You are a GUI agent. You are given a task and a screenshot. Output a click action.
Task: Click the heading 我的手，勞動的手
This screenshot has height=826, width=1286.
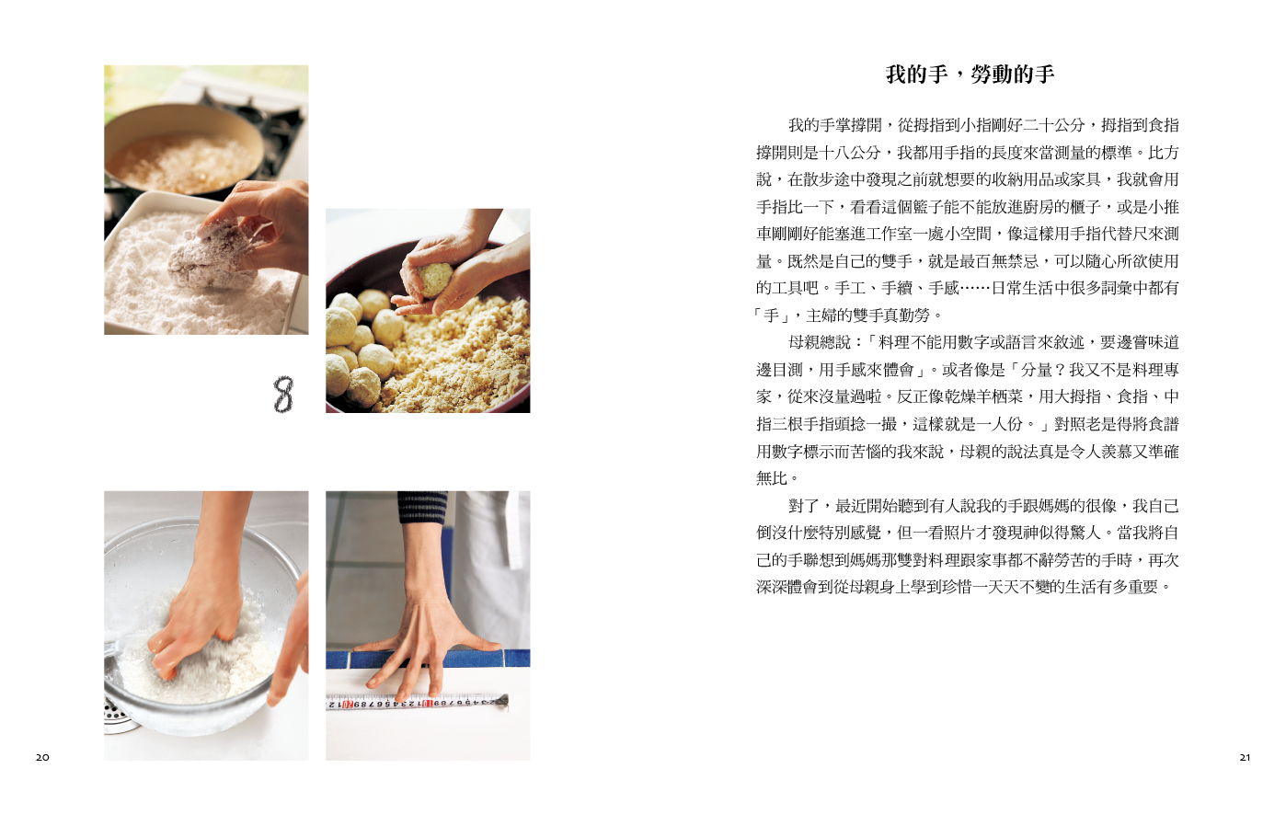970,75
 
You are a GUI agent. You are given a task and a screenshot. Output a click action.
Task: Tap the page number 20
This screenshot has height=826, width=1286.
42,757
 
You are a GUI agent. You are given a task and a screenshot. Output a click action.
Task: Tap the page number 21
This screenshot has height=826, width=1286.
1245,757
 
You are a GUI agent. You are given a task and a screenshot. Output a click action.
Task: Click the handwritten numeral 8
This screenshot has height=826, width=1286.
283,395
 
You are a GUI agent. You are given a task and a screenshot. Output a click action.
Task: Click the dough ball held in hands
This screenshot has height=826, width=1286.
434,280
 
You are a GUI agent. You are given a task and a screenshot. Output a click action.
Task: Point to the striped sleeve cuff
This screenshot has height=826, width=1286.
423,508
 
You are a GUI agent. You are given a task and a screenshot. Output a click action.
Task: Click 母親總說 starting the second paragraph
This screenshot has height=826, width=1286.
820,343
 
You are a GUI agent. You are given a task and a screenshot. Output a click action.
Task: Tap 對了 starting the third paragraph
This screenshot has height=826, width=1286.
804,506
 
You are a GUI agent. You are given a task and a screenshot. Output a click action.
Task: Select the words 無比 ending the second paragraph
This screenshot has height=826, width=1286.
772,478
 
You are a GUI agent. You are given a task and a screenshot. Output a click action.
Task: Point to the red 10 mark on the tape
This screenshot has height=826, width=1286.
428,703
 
